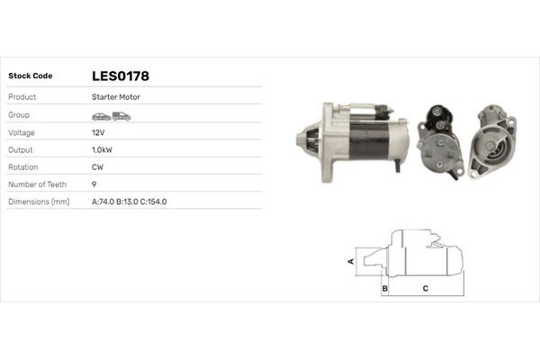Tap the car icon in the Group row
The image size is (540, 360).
tap(101, 116)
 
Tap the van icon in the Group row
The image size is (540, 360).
tap(121, 116)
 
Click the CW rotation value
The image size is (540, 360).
tap(98, 166)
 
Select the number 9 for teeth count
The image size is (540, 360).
tap(94, 184)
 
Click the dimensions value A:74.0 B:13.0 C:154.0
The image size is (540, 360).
tap(129, 202)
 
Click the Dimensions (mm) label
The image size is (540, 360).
tap(39, 202)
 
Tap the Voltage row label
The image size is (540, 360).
tap(22, 132)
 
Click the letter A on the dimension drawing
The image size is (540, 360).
tap(351, 261)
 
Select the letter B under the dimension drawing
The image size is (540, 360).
tap(384, 289)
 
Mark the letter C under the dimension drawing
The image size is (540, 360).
tap(425, 289)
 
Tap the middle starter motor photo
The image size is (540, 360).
tap(442, 141)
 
